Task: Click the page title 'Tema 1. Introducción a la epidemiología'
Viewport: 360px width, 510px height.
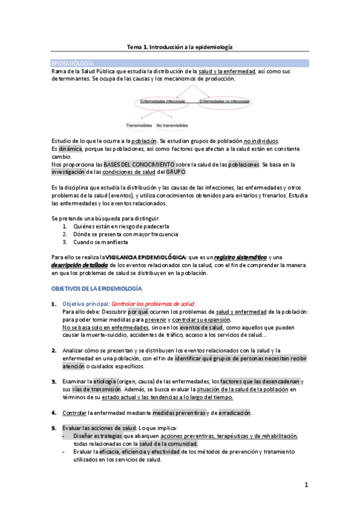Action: [179, 46]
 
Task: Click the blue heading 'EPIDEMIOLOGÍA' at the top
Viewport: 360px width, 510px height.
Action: [72, 63]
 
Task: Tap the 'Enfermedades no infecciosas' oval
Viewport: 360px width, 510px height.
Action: [224, 102]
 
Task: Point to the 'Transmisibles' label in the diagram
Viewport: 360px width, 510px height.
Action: [139, 126]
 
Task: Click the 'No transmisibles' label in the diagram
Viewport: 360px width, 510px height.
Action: [172, 126]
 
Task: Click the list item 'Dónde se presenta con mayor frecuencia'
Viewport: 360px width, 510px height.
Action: [126, 234]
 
